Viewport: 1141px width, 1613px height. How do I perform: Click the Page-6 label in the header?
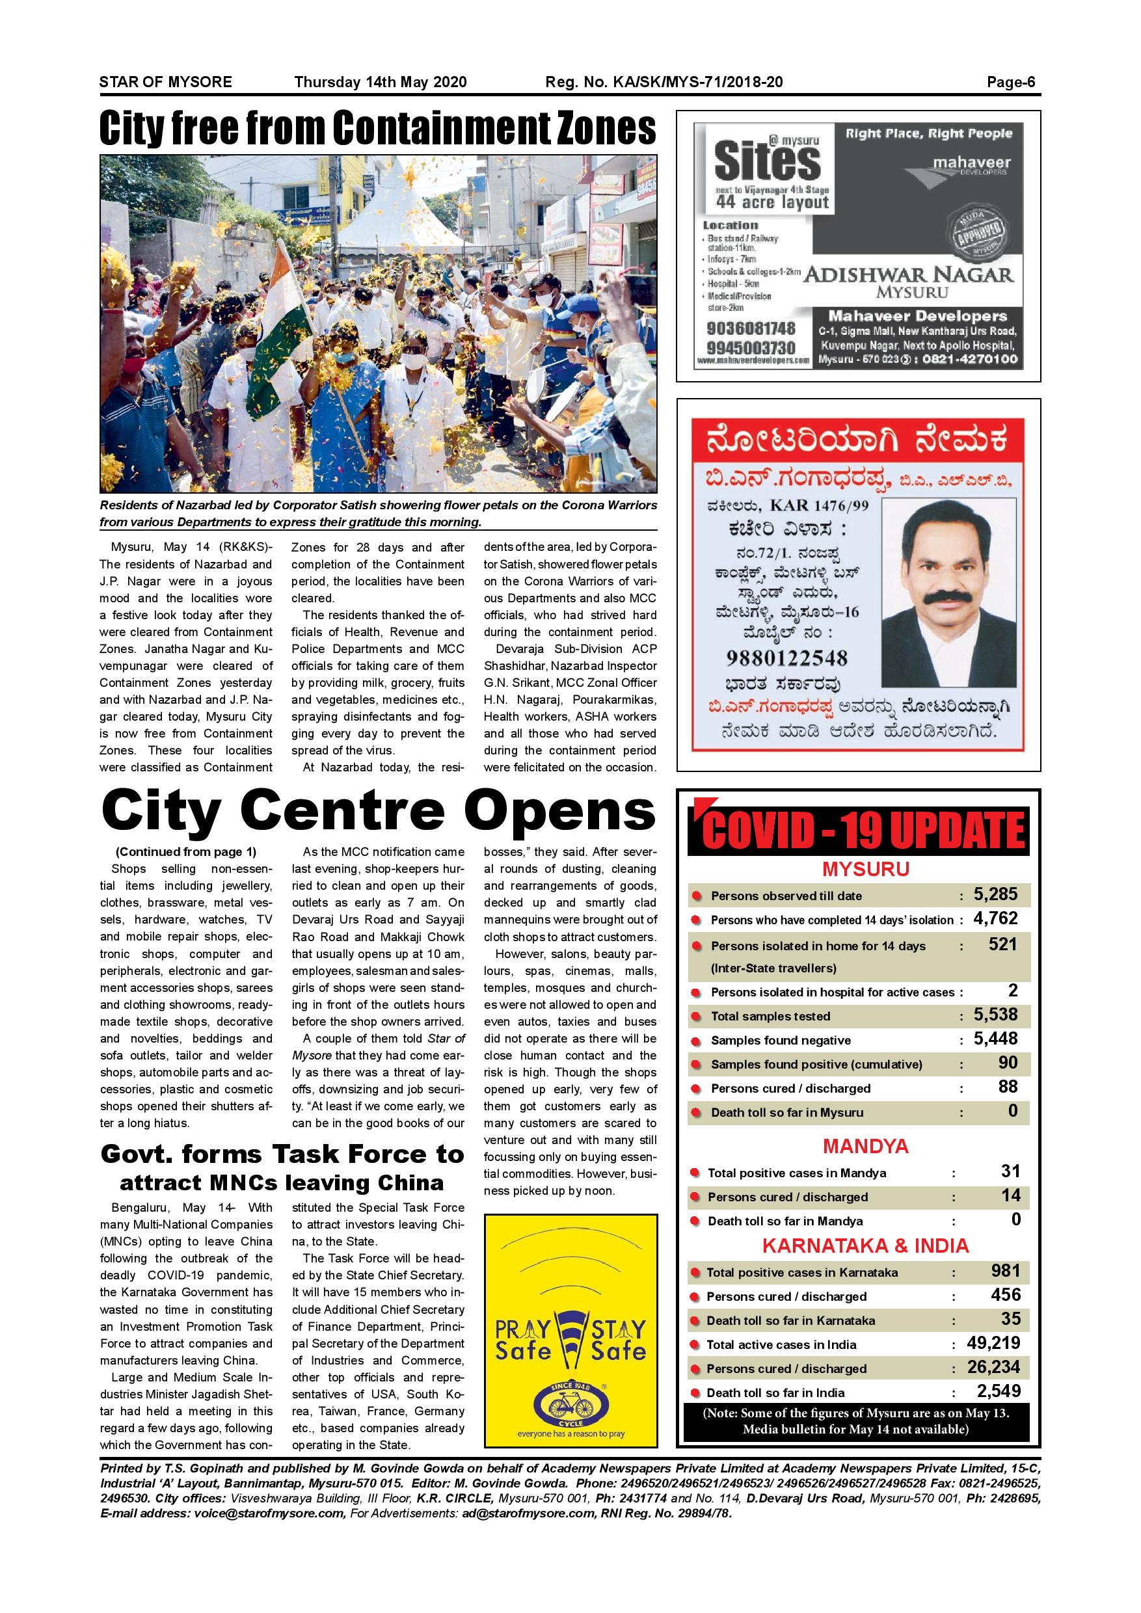[1010, 82]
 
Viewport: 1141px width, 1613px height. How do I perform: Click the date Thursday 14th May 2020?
[380, 82]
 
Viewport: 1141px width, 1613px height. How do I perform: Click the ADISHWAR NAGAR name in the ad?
[909, 274]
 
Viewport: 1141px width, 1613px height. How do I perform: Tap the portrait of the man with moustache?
[948, 591]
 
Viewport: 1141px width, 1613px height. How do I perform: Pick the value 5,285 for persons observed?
[995, 894]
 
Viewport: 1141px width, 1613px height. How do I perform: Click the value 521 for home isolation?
[1002, 944]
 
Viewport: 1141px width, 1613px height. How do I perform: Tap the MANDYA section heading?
[865, 1147]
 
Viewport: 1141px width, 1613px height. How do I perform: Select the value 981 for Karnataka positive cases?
[1006, 1270]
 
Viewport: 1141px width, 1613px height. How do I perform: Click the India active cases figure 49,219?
[993, 1342]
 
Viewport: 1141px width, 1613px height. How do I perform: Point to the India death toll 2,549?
[999, 1391]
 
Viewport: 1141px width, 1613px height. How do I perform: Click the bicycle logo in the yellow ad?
[570, 1407]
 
